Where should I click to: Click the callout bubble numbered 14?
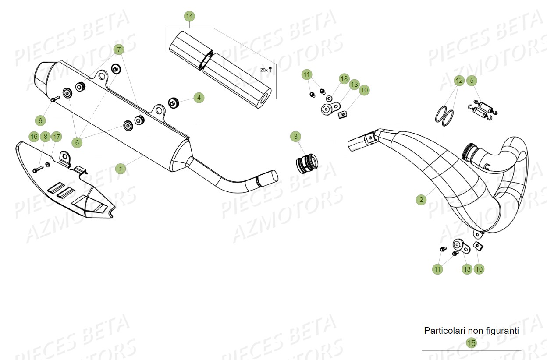point(189,17)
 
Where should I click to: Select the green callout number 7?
point(119,49)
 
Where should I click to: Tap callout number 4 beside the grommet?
point(199,98)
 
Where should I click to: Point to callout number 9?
point(40,120)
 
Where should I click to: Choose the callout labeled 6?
point(77,142)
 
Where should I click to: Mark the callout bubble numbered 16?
point(34,137)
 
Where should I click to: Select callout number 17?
point(57,137)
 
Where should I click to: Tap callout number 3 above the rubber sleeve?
point(296,137)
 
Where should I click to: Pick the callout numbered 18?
point(344,79)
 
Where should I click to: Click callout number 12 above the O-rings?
point(459,81)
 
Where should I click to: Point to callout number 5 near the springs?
point(472,81)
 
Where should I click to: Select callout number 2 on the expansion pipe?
point(421,200)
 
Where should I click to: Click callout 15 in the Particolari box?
point(471,343)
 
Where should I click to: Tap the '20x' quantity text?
point(263,70)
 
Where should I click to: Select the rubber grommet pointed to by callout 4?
point(174,104)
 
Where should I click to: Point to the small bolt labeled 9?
point(55,99)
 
